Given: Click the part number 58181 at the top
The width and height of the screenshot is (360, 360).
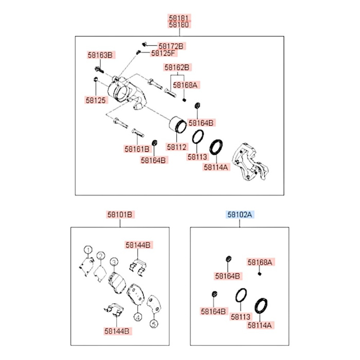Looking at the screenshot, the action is click(x=179, y=18).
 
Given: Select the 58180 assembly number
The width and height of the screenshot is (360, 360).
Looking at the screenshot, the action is click(x=179, y=25).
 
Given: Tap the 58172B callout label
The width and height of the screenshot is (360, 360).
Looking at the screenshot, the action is click(x=171, y=46).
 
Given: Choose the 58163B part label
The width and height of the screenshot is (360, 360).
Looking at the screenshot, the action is click(x=100, y=55).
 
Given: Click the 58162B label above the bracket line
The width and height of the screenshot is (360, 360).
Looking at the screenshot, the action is click(x=177, y=67).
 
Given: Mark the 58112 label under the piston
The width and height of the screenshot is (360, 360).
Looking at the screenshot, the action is click(x=176, y=147).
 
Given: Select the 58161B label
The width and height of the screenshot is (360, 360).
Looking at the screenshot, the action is click(x=137, y=149).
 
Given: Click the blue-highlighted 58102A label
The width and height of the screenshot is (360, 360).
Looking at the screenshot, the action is click(x=240, y=214).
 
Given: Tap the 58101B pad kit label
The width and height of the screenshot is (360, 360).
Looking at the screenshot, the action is click(x=120, y=214).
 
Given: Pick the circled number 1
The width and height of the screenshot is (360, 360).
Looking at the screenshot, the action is click(x=88, y=249).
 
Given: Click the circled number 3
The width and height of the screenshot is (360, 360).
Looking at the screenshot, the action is click(x=114, y=262).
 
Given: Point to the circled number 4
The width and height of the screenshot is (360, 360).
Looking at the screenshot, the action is click(x=138, y=317).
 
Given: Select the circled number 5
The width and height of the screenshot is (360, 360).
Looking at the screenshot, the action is click(x=154, y=324).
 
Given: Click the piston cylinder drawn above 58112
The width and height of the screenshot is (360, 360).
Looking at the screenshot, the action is click(x=178, y=124).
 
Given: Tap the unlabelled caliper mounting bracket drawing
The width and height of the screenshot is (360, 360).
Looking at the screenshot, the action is click(x=250, y=161).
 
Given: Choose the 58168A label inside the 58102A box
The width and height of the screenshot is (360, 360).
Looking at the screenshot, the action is click(x=260, y=262).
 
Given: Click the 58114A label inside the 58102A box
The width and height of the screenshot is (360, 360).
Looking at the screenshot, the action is click(x=260, y=325).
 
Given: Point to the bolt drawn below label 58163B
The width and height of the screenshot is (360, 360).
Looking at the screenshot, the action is click(x=99, y=69).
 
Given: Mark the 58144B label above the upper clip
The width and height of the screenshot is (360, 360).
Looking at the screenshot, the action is click(x=138, y=245).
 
